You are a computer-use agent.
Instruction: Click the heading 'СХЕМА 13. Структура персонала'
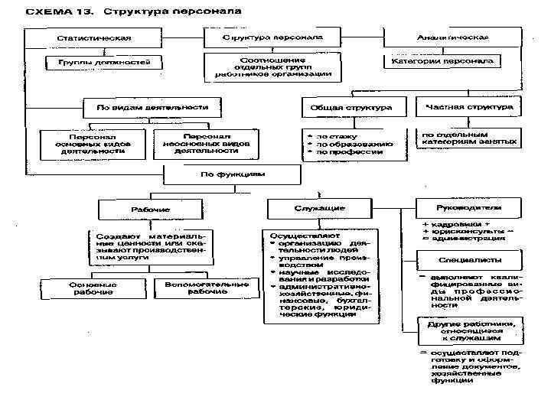click(134, 12)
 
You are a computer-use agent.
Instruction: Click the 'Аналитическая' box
click(452, 37)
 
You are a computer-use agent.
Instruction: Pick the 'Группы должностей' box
click(105, 61)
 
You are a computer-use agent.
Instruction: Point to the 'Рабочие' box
click(145, 209)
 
